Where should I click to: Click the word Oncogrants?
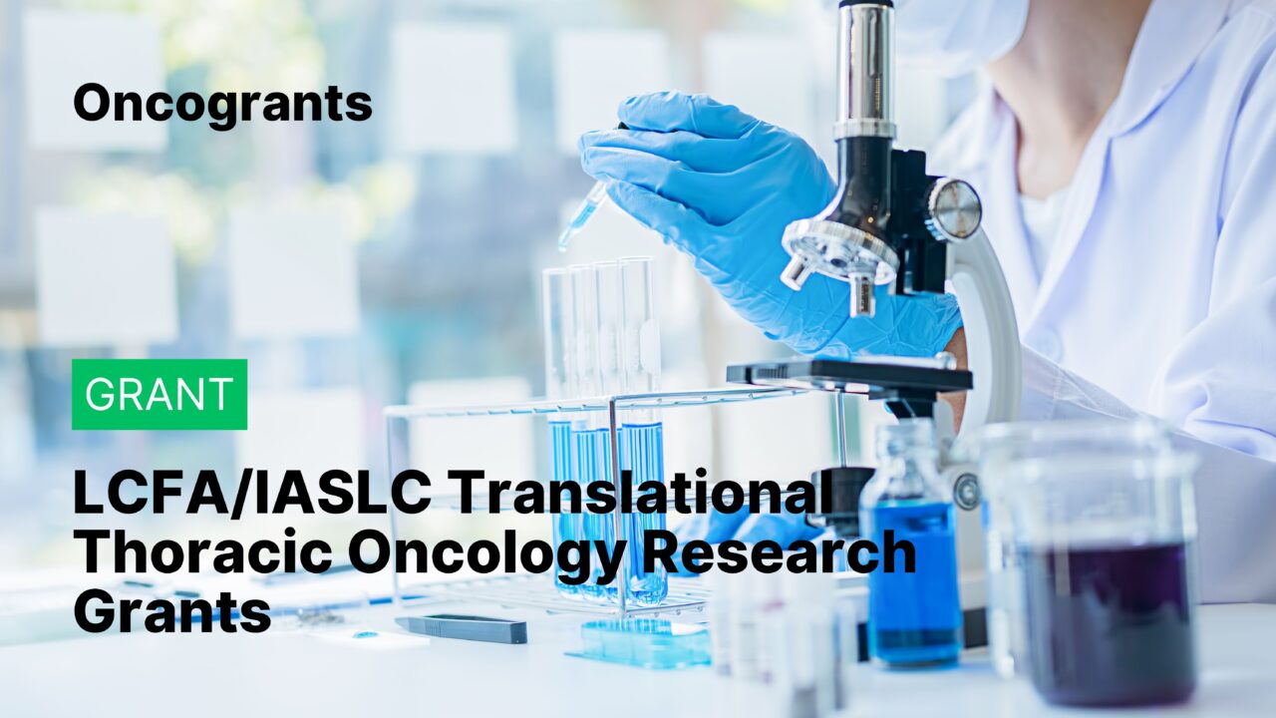point(222,103)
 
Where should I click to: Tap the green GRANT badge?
point(159,394)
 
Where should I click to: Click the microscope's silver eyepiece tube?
point(865,70)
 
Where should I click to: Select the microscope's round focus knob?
point(954,208)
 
